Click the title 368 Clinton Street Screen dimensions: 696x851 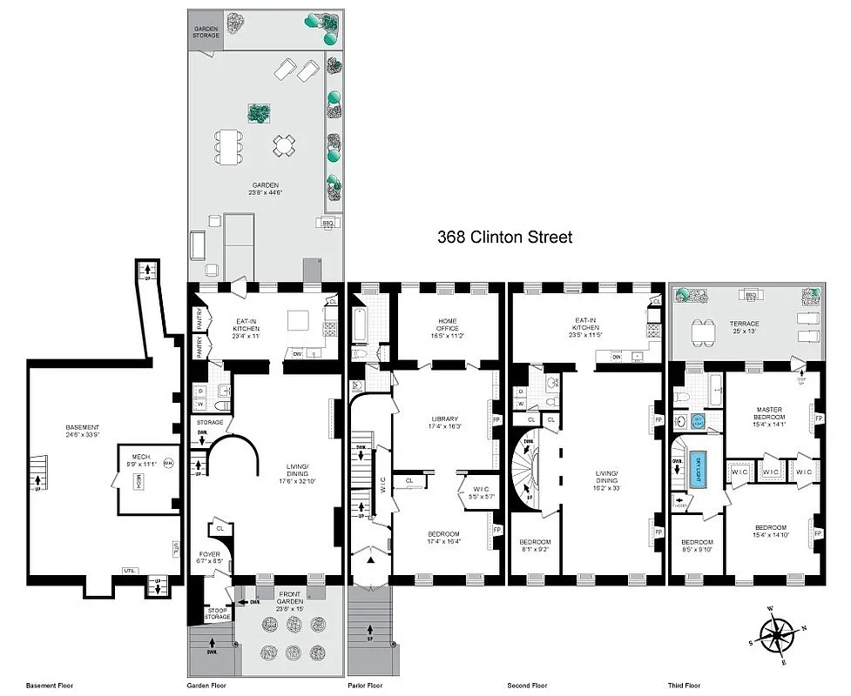point(504,237)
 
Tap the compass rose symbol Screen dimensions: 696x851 point(775,634)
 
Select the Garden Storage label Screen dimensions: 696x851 point(206,32)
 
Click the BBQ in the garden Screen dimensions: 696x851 point(328,223)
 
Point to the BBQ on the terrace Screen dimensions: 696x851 point(748,294)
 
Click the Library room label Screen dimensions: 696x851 point(445,422)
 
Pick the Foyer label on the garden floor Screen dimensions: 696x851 point(208,558)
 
